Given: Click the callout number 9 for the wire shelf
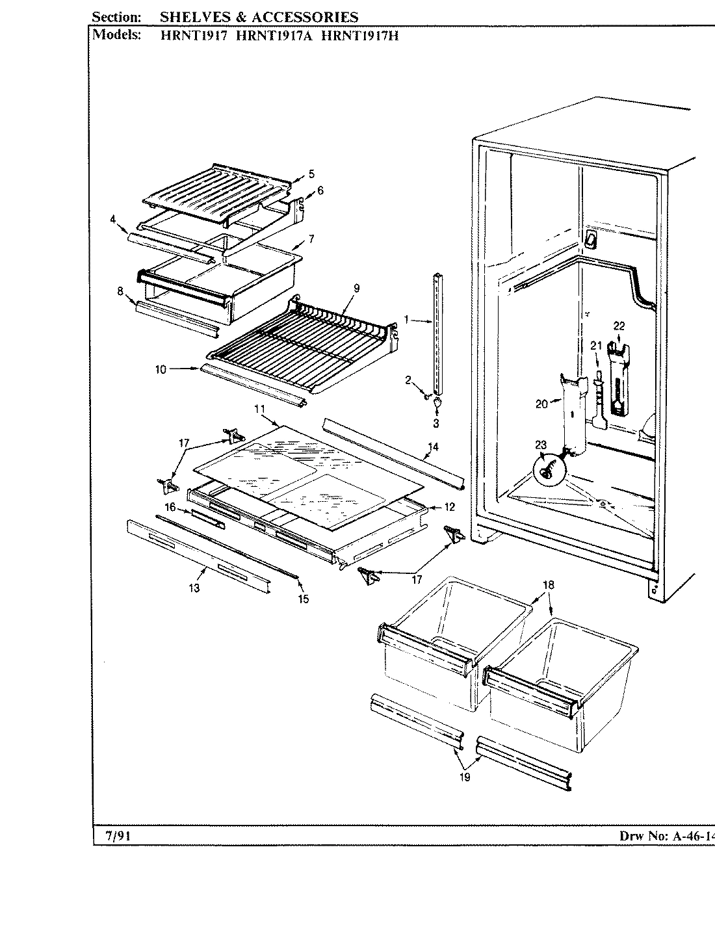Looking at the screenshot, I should coord(356,288).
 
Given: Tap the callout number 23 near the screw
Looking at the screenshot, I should coord(541,445).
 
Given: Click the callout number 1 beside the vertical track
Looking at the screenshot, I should coord(406,320).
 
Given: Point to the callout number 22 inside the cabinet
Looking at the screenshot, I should coord(618,326).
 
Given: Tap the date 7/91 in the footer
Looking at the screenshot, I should coord(118,835).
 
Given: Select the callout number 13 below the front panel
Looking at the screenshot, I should coord(194,588).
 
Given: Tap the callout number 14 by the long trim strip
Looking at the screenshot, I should coord(433,447).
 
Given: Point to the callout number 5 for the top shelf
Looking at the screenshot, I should coord(311,174).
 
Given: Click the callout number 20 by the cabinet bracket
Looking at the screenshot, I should coord(541,404).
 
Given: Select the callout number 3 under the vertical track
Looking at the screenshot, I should coord(435,424).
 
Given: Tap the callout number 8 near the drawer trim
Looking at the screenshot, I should coord(120,291).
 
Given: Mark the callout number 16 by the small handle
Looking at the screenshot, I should coord(170,506).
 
